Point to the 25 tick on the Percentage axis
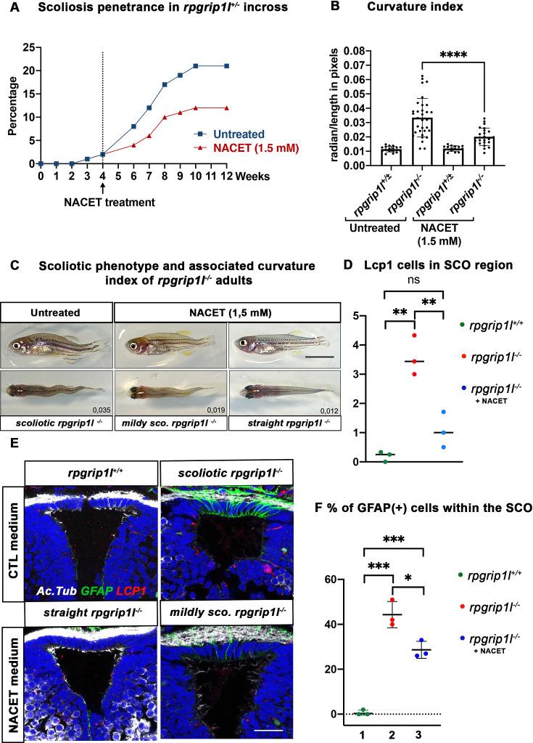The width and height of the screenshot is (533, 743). (x=29, y=48)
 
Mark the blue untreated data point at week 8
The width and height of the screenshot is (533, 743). (x=165, y=84)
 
